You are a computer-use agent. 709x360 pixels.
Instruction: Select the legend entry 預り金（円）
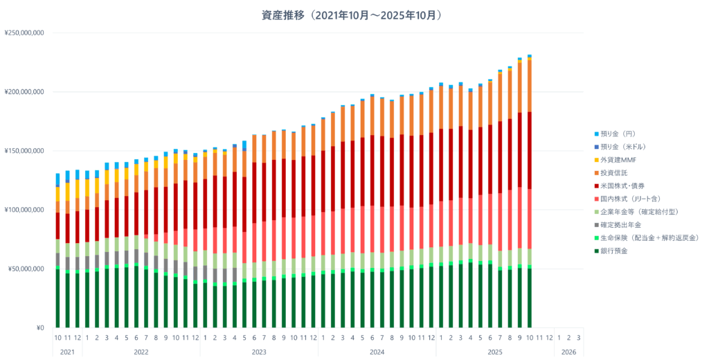pos(620,134)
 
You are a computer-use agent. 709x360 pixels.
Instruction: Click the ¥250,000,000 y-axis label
pos(24,33)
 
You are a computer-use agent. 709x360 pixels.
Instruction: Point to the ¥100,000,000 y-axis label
pos(24,210)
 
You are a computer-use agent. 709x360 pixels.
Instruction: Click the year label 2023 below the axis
pos(259,352)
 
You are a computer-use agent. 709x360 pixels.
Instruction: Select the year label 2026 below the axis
pos(568,352)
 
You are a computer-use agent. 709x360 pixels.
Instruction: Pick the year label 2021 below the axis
pos(67,352)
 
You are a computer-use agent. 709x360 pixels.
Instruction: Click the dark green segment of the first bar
pos(58,298)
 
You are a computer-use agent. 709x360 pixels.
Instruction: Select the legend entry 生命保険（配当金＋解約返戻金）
pos(647,237)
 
